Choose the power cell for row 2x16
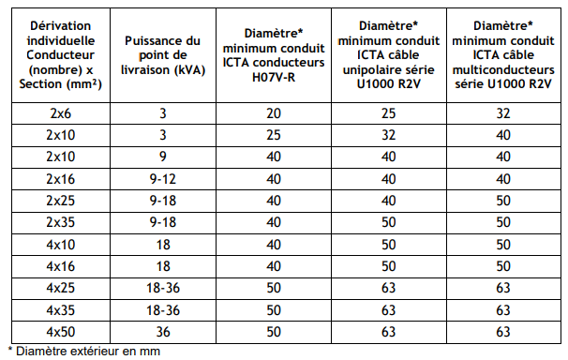click(163, 179)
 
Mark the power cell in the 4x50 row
click(163, 332)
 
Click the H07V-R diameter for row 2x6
click(274, 113)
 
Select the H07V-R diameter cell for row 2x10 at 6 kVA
click(274, 135)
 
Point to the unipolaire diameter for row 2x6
click(388, 113)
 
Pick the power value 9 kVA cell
click(163, 157)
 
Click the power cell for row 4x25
click(163, 288)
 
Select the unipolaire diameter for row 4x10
click(388, 245)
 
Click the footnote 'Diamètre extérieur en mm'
click(84, 352)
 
